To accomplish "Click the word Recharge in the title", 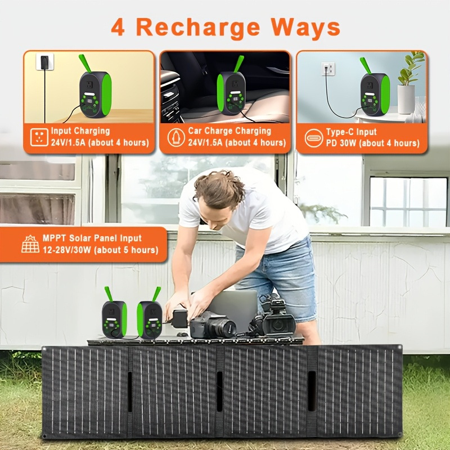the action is coord(198,28).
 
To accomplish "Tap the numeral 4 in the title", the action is coord(118,27).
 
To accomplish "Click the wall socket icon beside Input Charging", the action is coord(39,137).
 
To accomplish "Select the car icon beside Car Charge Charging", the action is coord(176,137).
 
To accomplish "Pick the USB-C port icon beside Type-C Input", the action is coord(314,138).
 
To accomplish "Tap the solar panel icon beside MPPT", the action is coord(30,244).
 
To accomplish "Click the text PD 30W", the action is coord(341,143).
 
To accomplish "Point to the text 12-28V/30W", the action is coord(67,250).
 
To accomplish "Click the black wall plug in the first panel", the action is coord(44,62).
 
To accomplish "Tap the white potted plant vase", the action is coord(406,100).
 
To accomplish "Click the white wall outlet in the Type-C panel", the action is coord(328,69).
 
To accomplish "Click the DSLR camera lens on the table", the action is coord(227,327).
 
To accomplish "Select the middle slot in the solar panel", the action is coord(220,391).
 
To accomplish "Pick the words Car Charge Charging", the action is coord(229,131).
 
